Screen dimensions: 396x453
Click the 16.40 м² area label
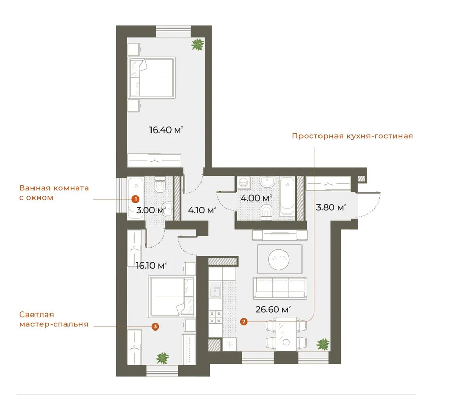point(166,130)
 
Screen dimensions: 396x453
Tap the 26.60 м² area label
point(273,309)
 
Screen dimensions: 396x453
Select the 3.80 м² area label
point(330,208)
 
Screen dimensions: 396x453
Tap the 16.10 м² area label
point(150,266)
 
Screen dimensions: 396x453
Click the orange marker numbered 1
point(135,199)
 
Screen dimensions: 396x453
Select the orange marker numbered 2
point(244,322)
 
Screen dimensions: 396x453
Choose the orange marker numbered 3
point(155,326)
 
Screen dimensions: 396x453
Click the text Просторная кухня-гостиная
point(352,136)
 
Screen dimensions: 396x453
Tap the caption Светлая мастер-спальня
point(52,319)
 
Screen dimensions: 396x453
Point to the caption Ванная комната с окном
point(54,192)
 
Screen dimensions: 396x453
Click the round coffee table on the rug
point(280,258)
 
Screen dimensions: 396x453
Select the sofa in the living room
point(279,288)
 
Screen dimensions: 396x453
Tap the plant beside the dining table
point(323,343)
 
